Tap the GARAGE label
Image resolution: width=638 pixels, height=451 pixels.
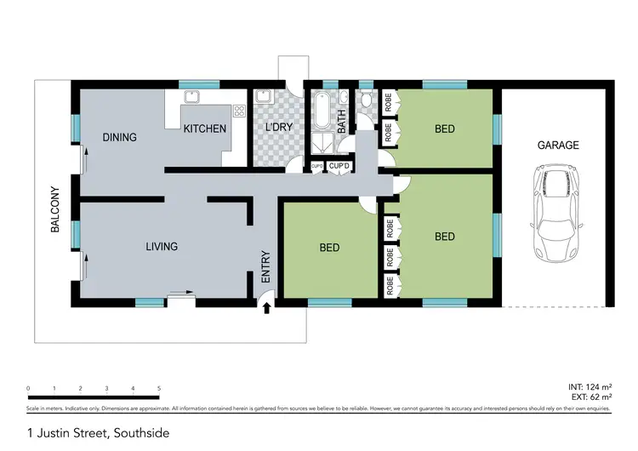tap(558, 146)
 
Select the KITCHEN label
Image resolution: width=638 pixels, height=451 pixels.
tap(205, 129)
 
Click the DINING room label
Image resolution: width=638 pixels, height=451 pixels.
tap(120, 137)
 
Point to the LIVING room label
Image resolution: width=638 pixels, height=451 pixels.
tap(162, 247)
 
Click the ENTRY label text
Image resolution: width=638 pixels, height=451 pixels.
tap(265, 267)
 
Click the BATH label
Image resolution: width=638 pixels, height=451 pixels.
tap(342, 121)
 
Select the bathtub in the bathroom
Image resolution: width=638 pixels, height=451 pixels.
tap(322, 109)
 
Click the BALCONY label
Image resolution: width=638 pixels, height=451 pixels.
tap(54, 210)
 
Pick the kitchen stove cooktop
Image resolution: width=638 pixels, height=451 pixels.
tap(238, 110)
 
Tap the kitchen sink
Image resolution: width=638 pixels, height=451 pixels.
tap(193, 95)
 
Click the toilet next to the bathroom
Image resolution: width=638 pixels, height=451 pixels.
tap(366, 100)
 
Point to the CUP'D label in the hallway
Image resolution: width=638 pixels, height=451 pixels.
tap(339, 165)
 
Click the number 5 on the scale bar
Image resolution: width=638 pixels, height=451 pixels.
tap(159, 388)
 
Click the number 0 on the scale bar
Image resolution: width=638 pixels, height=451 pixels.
tap(28, 388)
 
